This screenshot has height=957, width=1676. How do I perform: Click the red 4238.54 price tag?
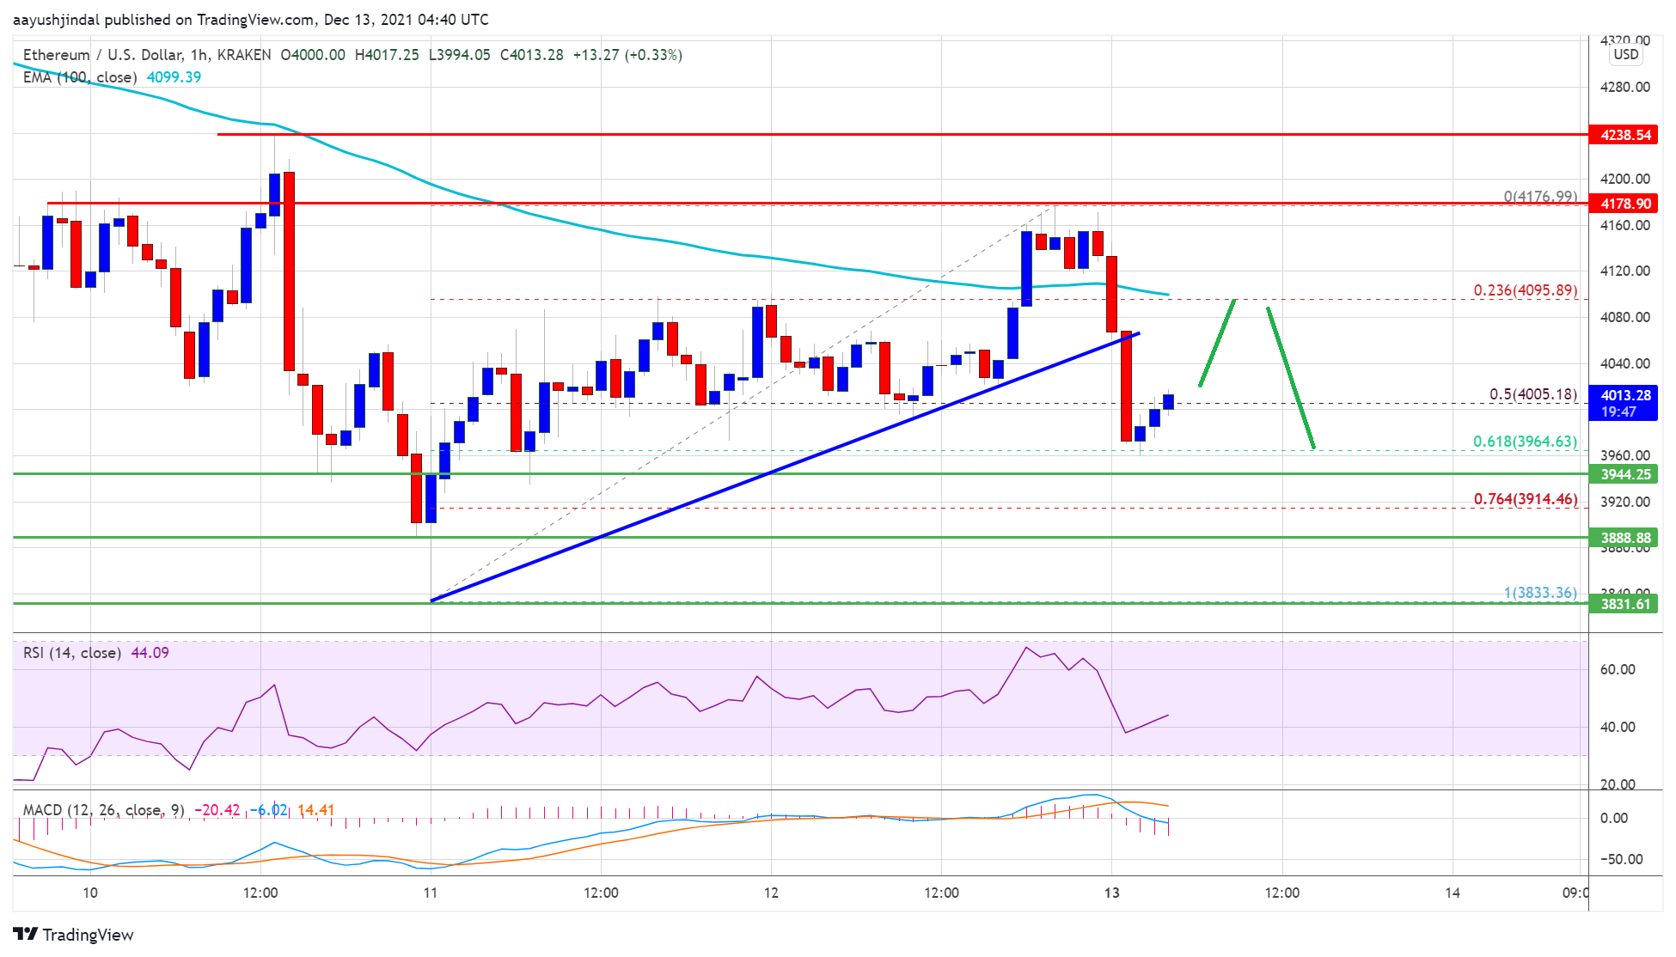tap(1625, 135)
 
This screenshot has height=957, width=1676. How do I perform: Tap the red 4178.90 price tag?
tap(1625, 204)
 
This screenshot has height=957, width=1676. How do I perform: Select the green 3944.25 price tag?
tap(1625, 474)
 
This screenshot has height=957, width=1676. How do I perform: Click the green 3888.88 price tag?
tap(1625, 538)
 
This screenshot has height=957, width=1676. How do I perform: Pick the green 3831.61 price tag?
tap(1625, 604)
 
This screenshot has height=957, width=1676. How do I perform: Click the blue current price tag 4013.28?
tap(1625, 402)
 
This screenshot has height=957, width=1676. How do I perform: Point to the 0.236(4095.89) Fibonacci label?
tap(1525, 290)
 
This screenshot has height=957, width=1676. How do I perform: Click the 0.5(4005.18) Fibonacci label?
tap(1532, 394)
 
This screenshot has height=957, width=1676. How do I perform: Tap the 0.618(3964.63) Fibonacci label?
tap(1525, 442)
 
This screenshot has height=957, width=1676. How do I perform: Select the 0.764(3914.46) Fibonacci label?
tap(1525, 499)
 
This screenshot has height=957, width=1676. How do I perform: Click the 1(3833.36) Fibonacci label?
tap(1539, 593)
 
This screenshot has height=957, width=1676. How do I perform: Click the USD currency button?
tap(1625, 54)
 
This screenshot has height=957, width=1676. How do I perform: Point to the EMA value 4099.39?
tap(174, 77)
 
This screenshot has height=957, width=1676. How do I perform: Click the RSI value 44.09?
tap(150, 653)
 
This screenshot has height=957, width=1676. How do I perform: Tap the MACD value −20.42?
tap(217, 810)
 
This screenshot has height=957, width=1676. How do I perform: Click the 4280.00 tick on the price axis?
tap(1624, 87)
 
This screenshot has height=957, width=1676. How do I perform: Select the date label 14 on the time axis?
tap(1452, 893)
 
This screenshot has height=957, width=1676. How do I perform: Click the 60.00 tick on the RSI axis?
tap(1618, 669)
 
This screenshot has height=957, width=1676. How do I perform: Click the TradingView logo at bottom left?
tap(74, 935)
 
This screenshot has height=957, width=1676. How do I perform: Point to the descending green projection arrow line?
tap(1290, 378)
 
